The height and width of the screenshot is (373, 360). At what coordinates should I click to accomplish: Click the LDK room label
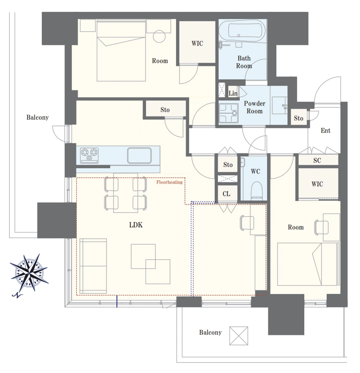[x=135, y=225]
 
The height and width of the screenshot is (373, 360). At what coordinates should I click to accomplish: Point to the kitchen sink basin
[x=139, y=155]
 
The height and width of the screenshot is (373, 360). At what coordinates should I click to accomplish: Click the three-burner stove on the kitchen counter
[x=89, y=155]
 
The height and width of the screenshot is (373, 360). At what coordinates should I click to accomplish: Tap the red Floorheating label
[x=169, y=182]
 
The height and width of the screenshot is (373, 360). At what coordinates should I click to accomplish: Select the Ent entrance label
[x=325, y=131]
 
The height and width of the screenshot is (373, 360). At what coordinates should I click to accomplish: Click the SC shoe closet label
[x=317, y=161]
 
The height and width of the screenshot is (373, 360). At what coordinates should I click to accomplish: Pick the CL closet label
[x=227, y=194]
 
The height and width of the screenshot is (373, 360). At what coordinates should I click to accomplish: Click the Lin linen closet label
[x=233, y=93]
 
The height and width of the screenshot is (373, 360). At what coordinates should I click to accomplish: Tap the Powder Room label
[x=254, y=107]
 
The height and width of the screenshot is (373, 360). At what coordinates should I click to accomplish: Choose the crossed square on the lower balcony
[x=238, y=336]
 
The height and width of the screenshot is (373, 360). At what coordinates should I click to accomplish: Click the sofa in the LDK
[x=93, y=266]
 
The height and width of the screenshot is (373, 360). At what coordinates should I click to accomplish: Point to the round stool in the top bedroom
[x=159, y=36]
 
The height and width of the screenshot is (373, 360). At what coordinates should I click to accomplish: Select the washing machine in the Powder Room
[x=228, y=113]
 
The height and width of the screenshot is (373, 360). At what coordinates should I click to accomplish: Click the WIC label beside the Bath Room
[x=197, y=43]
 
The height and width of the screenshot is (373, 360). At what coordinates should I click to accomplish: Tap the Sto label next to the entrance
[x=298, y=118]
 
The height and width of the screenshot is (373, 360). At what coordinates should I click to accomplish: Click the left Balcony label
[x=38, y=117]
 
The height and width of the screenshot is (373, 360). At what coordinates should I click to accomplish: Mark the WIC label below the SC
[x=317, y=184]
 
